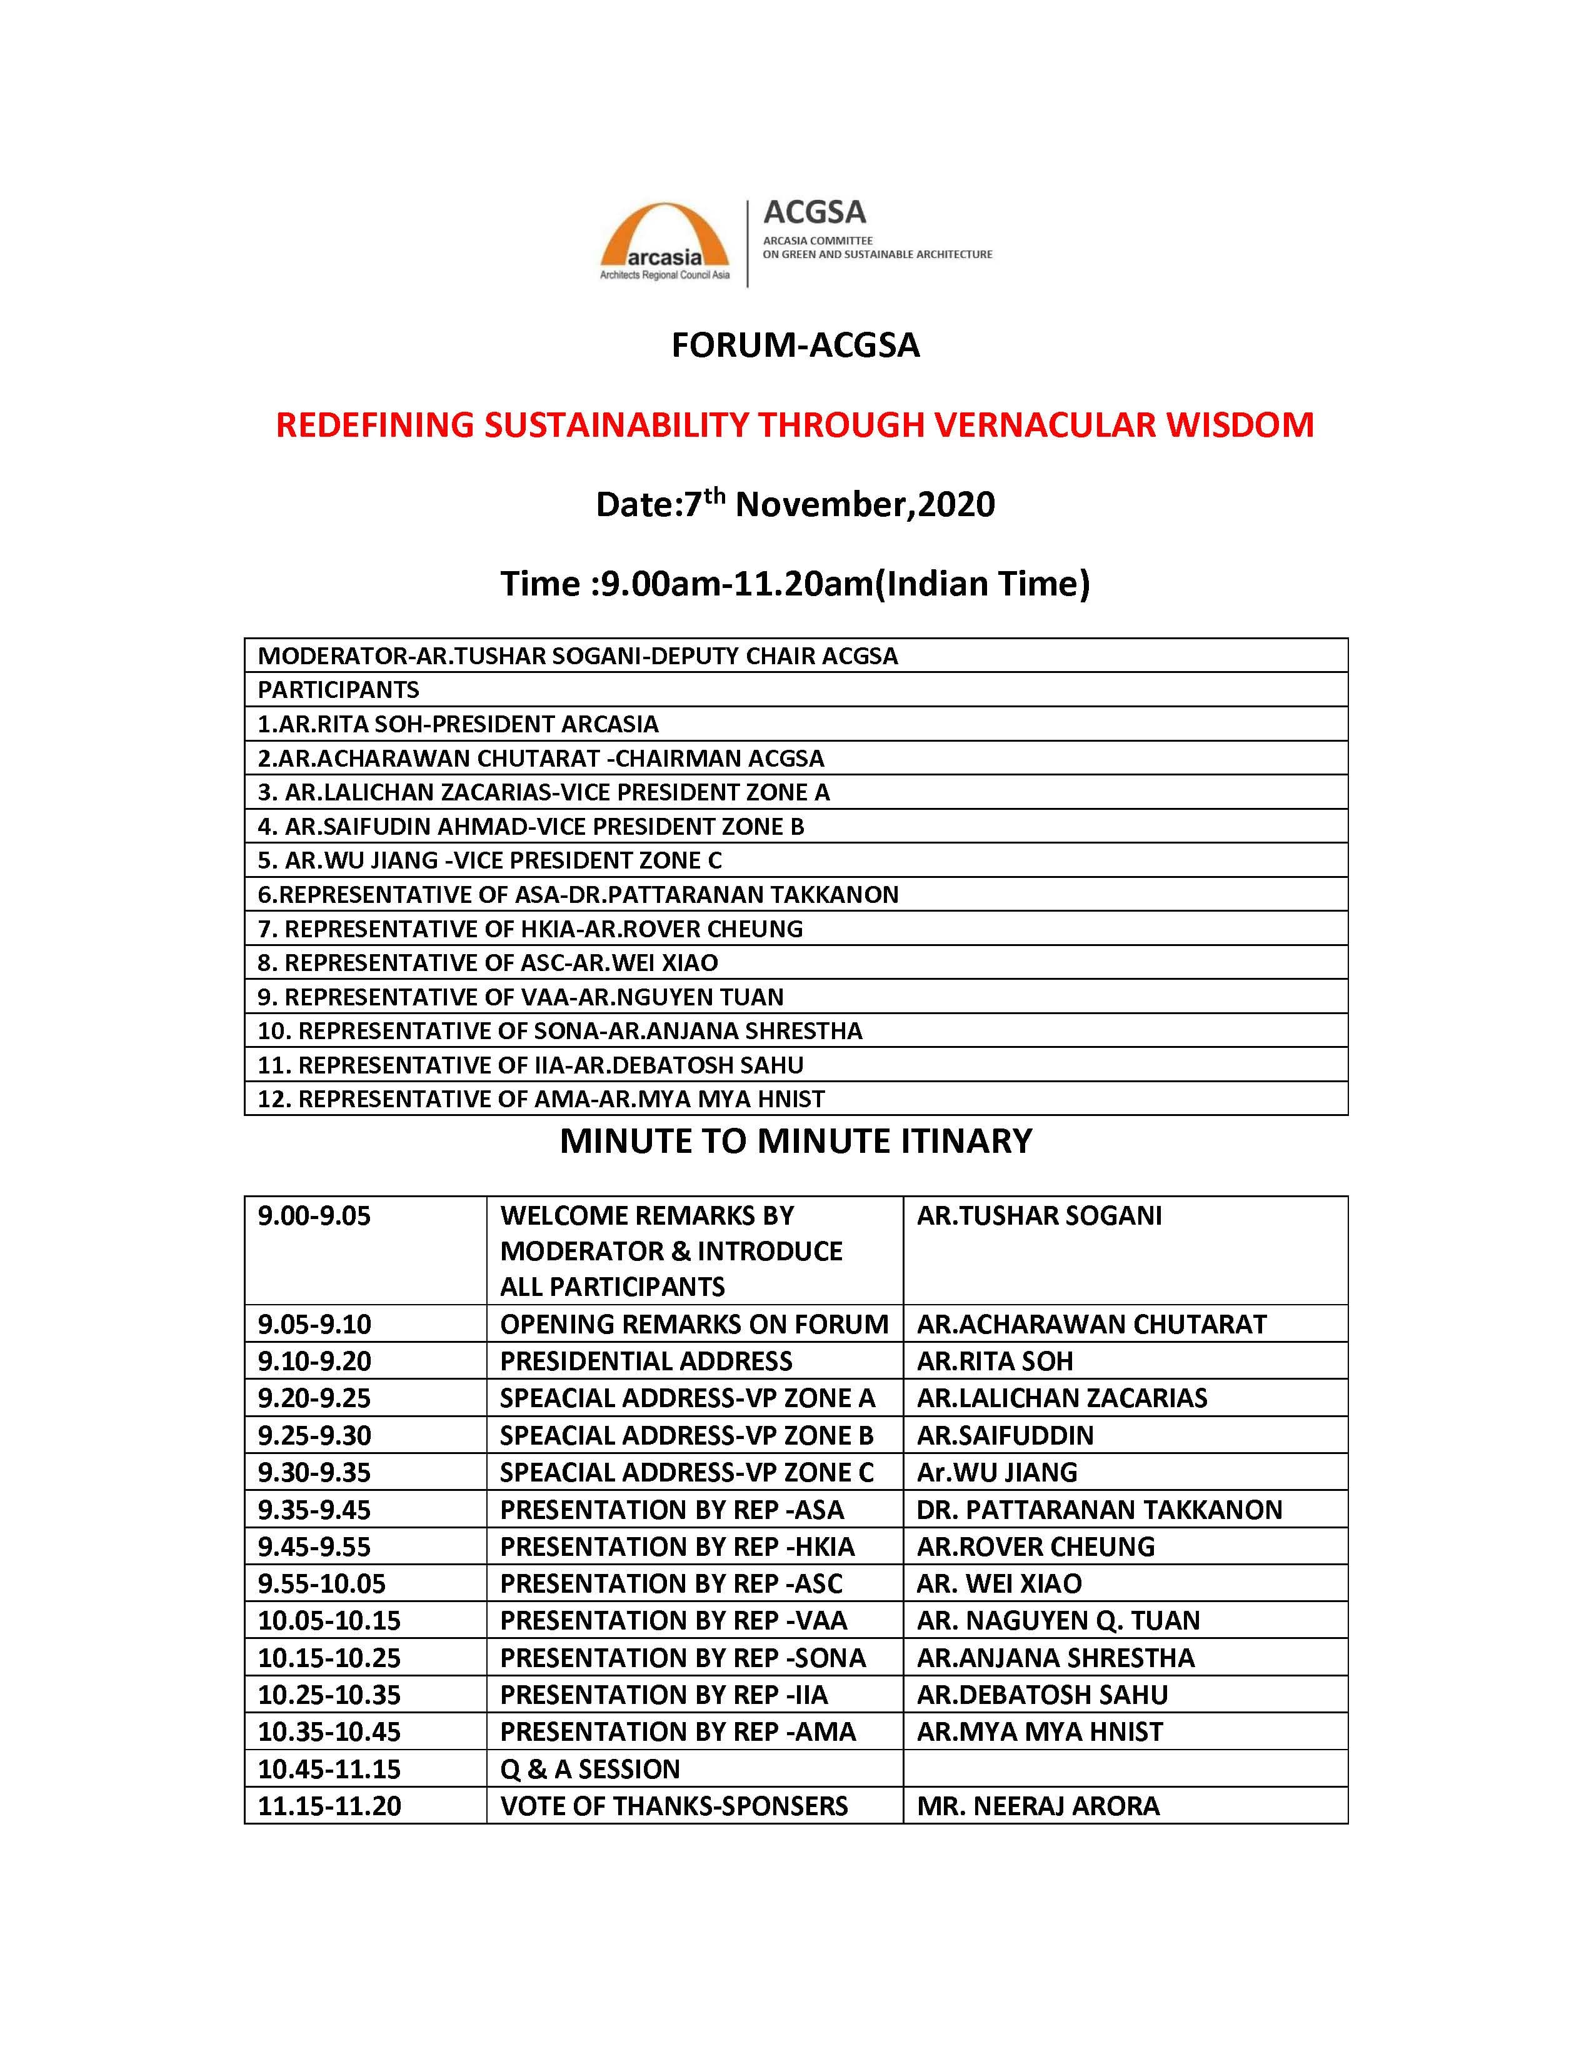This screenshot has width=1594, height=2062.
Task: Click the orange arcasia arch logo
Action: tap(665, 237)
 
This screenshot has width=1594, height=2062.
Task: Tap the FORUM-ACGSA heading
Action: tap(795, 346)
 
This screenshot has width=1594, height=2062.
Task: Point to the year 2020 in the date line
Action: tap(956, 504)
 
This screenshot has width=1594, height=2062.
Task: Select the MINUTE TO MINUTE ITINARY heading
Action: tap(795, 1142)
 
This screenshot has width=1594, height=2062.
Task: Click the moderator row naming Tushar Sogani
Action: tap(578, 655)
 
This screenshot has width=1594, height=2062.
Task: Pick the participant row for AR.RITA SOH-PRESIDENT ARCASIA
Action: tap(458, 724)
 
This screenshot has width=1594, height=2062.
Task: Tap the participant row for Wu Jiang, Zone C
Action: tap(489, 860)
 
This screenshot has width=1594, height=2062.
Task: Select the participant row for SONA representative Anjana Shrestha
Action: tap(560, 1031)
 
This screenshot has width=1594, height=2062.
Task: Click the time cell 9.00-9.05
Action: tap(314, 1216)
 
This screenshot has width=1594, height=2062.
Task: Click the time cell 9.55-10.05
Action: tap(322, 1583)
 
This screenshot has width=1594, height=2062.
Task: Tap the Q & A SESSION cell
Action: tap(590, 1770)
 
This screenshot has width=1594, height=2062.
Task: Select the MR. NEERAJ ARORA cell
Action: tap(1038, 1806)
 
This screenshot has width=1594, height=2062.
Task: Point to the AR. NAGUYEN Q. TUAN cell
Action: tap(1058, 1621)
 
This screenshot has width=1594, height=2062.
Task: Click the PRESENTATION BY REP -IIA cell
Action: tap(664, 1695)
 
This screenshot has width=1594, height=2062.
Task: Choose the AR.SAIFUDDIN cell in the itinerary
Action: tap(1005, 1435)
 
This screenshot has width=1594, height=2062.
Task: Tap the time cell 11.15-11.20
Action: tap(329, 1806)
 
